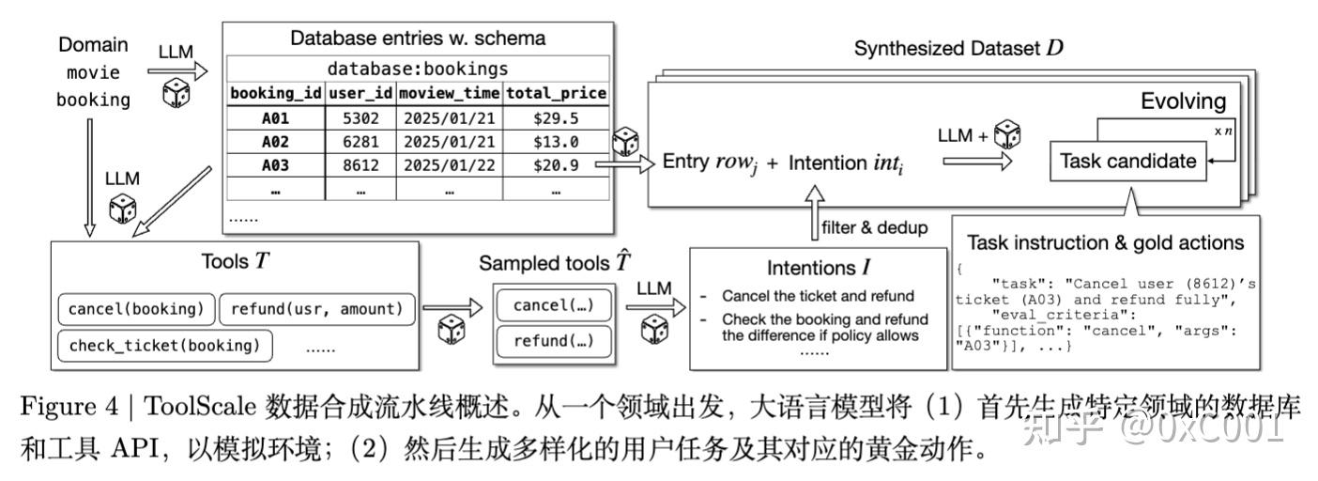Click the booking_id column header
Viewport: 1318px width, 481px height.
point(275,93)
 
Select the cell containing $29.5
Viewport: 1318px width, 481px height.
point(556,118)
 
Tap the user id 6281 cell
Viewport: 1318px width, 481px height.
point(360,142)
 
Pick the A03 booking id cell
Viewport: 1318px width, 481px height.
point(275,165)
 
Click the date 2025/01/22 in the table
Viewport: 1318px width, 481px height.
point(450,165)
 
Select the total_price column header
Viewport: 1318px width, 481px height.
point(556,93)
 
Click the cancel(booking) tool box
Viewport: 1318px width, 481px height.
point(136,309)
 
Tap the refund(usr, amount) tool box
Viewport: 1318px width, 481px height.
point(317,309)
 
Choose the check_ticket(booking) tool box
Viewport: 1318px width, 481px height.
point(165,346)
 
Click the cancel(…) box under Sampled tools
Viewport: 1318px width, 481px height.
point(554,305)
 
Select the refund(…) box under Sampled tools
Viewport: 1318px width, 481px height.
point(554,341)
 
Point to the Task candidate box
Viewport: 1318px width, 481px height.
point(1128,161)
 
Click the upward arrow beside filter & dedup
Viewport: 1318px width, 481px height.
point(814,212)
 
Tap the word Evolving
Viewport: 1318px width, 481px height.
point(1183,101)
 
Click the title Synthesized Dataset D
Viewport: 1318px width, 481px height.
point(959,48)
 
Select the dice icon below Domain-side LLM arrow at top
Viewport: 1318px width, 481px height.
point(176,94)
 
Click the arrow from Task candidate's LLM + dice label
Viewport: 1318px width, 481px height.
point(977,162)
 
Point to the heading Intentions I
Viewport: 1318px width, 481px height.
point(819,268)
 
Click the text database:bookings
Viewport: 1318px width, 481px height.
point(418,69)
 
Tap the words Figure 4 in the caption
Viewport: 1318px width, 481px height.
point(69,406)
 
